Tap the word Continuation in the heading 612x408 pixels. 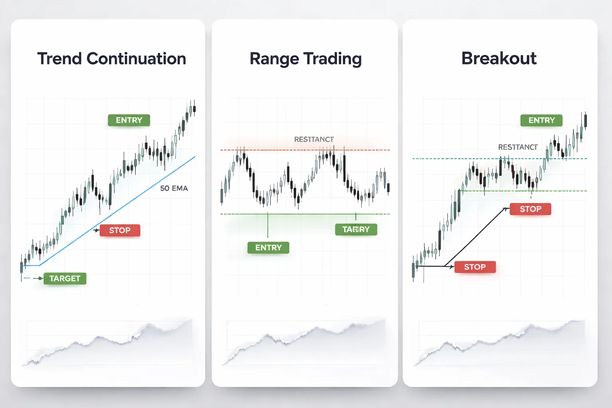pyautogui.click(x=136, y=59)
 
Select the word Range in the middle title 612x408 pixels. pyautogui.click(x=274, y=59)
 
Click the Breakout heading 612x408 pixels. pyautogui.click(x=499, y=58)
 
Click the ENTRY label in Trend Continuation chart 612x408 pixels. pyautogui.click(x=129, y=120)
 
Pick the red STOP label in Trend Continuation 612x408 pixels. pyautogui.click(x=120, y=230)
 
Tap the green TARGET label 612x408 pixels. pyautogui.click(x=65, y=279)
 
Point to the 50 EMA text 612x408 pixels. pyautogui.click(x=174, y=188)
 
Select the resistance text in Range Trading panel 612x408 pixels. pyautogui.click(x=314, y=139)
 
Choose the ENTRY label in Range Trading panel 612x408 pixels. pyautogui.click(x=268, y=248)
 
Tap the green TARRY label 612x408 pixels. pyautogui.click(x=356, y=229)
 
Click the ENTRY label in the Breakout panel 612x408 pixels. pyautogui.click(x=541, y=120)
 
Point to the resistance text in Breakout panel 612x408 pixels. pyautogui.click(x=518, y=147)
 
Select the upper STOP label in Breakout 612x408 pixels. pyautogui.click(x=530, y=209)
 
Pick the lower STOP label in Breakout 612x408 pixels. pyautogui.click(x=475, y=267)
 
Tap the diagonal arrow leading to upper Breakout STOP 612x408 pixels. pyautogui.click(x=476, y=237)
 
